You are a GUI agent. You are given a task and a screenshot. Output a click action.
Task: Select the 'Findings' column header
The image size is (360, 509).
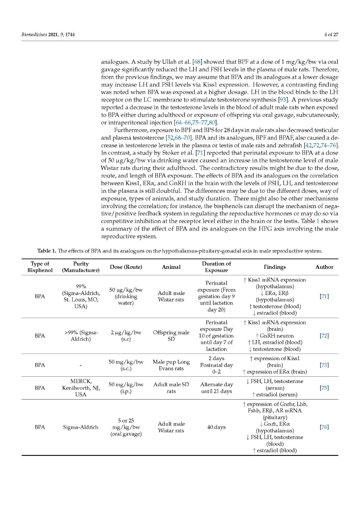tap(274, 267)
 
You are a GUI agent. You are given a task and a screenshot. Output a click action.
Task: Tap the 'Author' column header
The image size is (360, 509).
tap(324, 267)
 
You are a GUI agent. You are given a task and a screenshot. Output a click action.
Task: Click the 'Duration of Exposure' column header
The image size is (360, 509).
tap(216, 267)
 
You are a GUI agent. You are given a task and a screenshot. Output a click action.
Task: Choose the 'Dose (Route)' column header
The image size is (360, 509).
tap(126, 267)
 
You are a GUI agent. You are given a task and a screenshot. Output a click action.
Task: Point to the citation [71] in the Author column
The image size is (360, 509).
tap(324, 296)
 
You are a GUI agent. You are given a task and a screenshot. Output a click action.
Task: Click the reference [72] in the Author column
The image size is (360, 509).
tap(324, 336)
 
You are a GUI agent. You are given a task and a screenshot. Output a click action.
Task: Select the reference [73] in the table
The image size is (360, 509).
tap(324, 365)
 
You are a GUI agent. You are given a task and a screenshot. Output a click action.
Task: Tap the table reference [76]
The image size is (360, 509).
tap(324, 427)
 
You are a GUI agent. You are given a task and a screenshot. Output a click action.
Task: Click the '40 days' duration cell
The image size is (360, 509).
tap(216, 427)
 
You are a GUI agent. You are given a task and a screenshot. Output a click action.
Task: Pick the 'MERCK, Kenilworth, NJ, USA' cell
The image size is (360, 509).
tap(81, 388)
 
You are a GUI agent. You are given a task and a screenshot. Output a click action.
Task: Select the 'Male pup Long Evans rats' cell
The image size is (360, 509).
tap(171, 365)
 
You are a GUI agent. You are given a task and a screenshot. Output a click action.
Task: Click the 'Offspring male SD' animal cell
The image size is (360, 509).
tap(171, 336)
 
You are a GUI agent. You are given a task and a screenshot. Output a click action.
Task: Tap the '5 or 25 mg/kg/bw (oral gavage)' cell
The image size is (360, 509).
tap(126, 427)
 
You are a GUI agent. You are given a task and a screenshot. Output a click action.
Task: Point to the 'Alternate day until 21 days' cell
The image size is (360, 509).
tap(216, 388)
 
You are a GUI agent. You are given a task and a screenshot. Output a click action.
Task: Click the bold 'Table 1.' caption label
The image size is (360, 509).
tap(47, 251)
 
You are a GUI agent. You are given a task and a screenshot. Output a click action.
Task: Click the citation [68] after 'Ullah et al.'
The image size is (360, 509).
tap(198, 62)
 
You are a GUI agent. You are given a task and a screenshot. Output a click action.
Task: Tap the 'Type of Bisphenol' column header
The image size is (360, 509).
tap(40, 267)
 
